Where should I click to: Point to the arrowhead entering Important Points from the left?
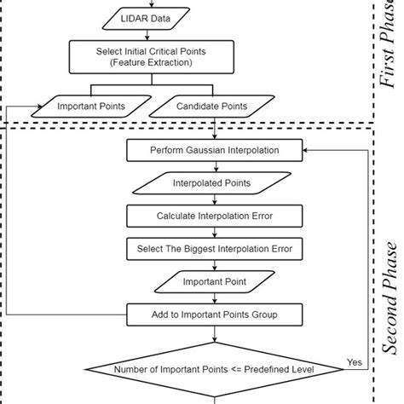click(x=38, y=107)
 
